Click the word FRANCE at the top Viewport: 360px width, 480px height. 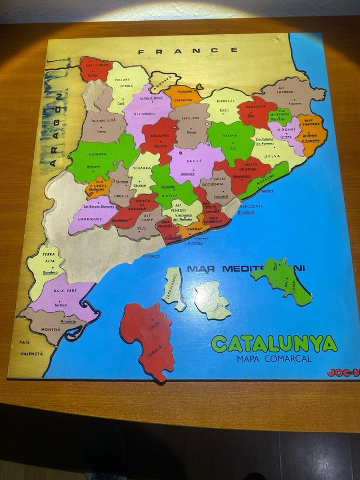[187, 51]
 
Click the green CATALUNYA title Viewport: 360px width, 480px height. [274, 343]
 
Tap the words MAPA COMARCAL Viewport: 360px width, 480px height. [274, 358]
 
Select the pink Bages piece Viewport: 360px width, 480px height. [194, 163]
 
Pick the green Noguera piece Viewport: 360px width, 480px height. [99, 158]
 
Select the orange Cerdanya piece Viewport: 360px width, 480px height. [183, 95]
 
